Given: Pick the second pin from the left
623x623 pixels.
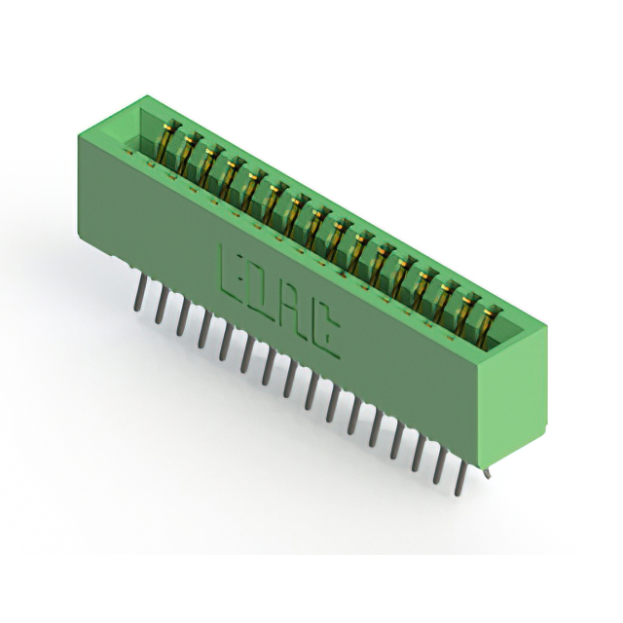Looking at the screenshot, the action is coord(161,305).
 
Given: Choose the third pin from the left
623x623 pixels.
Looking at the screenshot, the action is coord(182,316).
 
